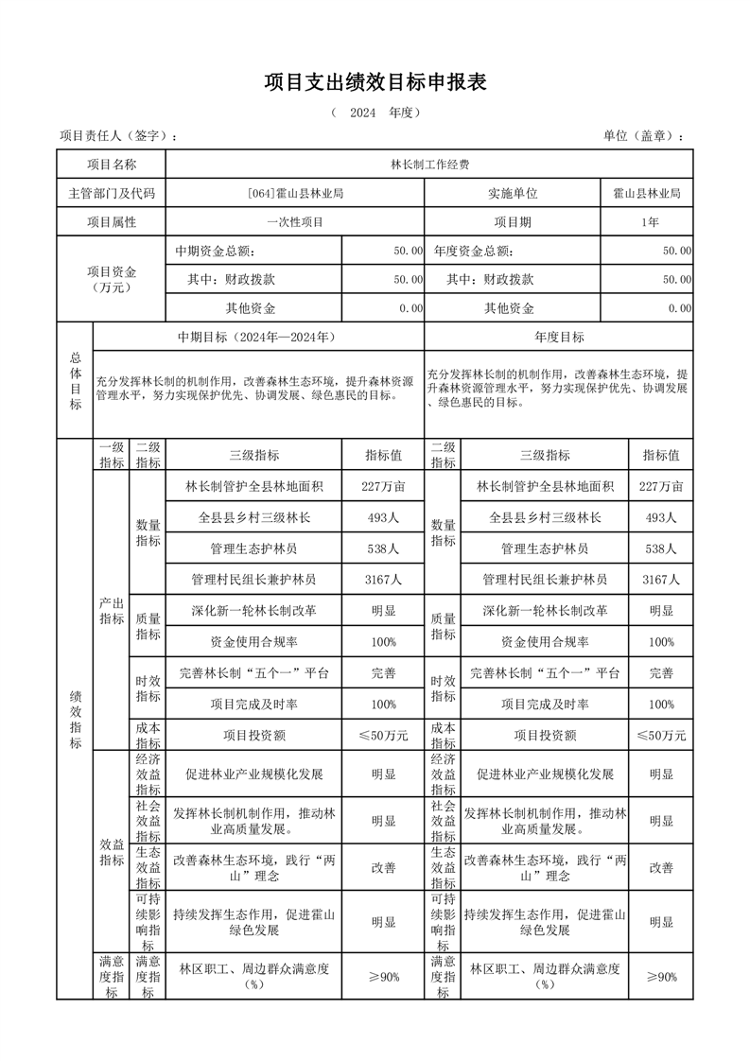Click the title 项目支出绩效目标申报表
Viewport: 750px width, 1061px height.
point(375,82)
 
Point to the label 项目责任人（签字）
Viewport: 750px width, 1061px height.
point(118,136)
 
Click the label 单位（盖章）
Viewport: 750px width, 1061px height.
point(643,136)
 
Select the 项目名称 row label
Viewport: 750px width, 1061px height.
point(112,165)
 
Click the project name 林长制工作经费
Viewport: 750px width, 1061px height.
point(429,165)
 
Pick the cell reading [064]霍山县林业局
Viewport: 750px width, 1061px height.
point(295,193)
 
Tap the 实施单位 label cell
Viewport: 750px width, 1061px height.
point(513,193)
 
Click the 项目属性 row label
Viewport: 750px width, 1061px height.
point(112,222)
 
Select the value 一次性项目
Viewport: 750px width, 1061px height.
point(295,222)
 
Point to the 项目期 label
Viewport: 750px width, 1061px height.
point(513,222)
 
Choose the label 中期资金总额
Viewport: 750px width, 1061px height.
point(215,252)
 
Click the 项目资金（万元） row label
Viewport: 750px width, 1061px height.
point(112,280)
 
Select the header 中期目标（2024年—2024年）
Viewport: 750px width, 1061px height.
point(258,337)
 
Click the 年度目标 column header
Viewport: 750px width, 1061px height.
point(559,337)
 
